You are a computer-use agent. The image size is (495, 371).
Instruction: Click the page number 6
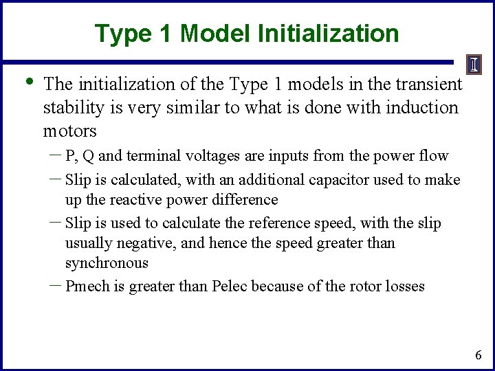(478, 355)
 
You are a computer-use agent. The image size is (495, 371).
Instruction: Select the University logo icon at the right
(474, 65)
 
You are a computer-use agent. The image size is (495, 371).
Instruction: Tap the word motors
(69, 131)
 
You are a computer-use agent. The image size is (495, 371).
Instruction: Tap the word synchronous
(107, 263)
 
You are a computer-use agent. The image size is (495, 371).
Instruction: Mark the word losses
(404, 286)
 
